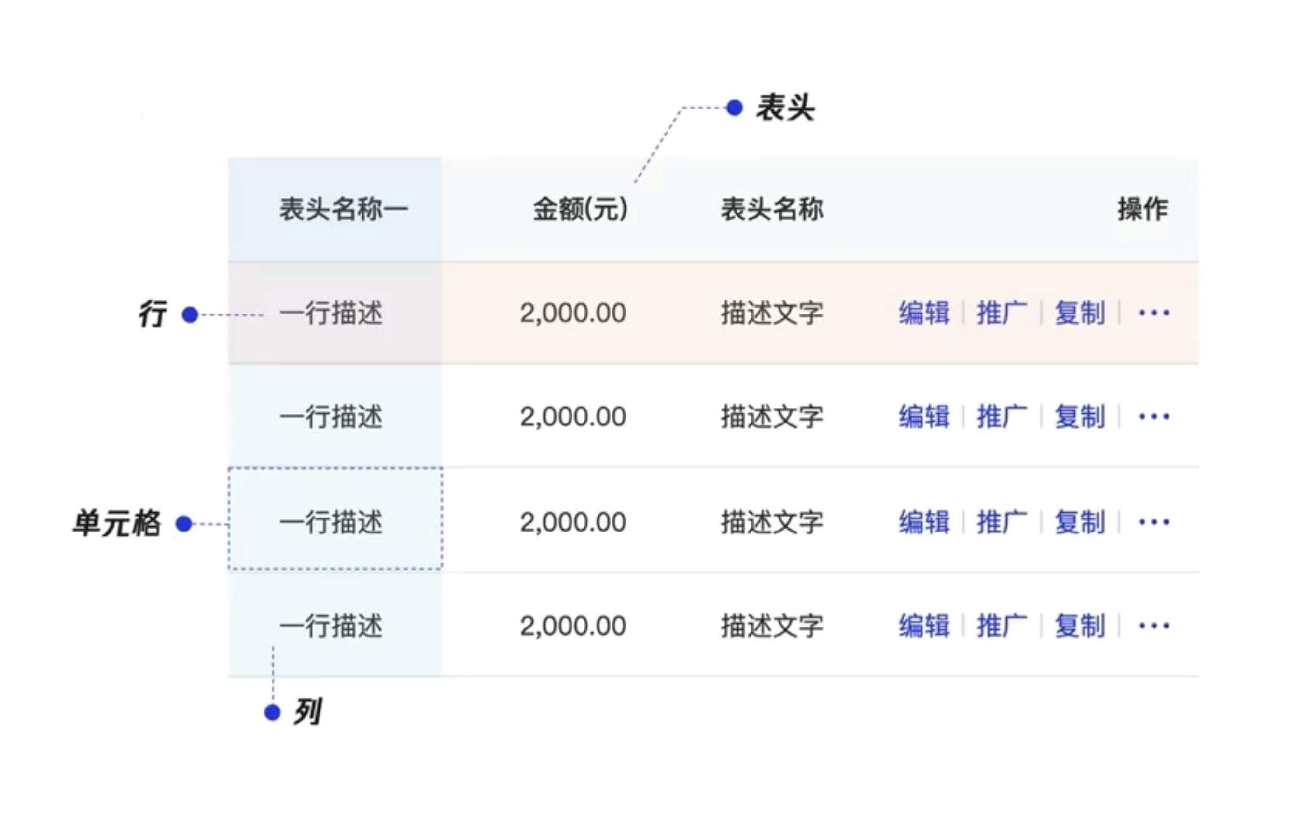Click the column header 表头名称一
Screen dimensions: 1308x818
344,209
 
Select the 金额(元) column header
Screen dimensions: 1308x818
580,209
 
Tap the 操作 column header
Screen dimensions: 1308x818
1142,209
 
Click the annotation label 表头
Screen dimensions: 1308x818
785,108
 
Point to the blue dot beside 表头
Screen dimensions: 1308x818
734,108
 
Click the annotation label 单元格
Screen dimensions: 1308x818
117,523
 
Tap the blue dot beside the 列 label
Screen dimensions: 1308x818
272,712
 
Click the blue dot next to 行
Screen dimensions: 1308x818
190,314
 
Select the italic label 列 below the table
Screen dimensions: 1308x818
307,711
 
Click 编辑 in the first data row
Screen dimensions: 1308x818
924,313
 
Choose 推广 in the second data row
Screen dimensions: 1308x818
1002,417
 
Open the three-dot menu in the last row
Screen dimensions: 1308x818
1154,626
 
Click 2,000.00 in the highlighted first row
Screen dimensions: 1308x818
573,313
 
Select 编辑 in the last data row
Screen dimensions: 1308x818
924,626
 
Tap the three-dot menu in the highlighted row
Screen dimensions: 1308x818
1154,313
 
